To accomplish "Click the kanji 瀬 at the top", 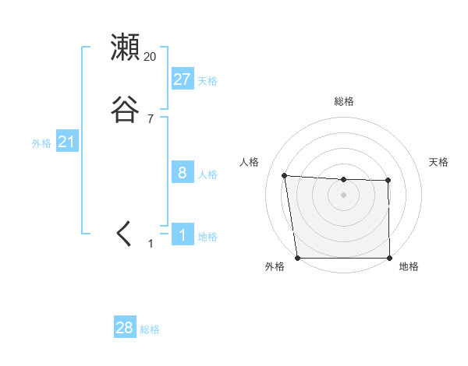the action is click(125, 48).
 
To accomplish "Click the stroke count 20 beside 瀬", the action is click(151, 57).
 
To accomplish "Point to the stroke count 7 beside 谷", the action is click(151, 119).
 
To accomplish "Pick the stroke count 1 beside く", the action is click(151, 244).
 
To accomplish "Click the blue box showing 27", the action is click(182, 79).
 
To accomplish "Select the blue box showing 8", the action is click(182, 172).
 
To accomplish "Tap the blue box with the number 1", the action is click(182, 234).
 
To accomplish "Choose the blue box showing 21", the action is click(66, 142).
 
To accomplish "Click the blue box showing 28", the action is click(124, 328).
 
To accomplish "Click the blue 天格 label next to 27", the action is click(207, 80).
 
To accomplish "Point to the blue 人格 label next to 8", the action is click(207, 174).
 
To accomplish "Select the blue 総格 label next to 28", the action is click(150, 329).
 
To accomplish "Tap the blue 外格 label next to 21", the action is click(41, 143).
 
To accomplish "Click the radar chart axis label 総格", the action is click(343, 101).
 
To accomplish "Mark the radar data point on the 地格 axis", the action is click(389, 258).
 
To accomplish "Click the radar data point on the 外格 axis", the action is click(297, 258).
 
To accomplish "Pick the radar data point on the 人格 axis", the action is click(284, 175).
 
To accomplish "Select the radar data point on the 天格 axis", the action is click(388, 181).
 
